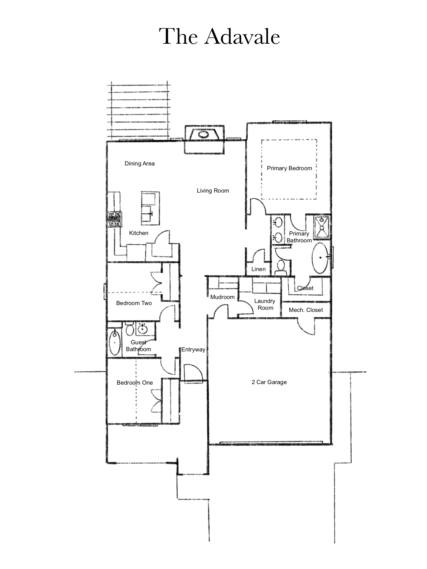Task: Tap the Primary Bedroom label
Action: [x=289, y=168]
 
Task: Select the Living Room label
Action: [x=213, y=191]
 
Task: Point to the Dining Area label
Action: [x=140, y=164]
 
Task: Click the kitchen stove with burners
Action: [x=115, y=219]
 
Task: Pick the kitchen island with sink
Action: [x=150, y=208]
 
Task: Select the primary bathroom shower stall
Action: [x=322, y=226]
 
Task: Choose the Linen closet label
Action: [x=258, y=269]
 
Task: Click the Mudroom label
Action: [x=222, y=297]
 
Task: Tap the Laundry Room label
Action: [x=265, y=305]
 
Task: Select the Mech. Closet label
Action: [x=306, y=310]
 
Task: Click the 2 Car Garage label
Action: [x=269, y=382]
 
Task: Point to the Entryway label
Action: [x=193, y=350]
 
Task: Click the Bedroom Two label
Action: [x=134, y=303]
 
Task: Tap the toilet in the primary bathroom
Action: [x=281, y=267]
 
